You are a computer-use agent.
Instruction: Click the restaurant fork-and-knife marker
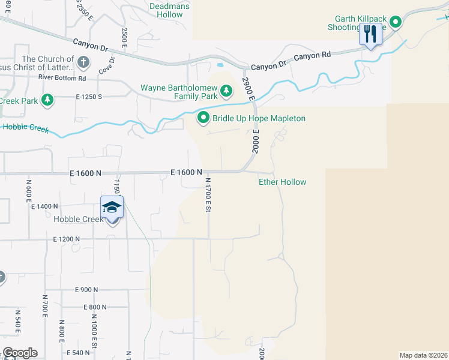pos(370,34)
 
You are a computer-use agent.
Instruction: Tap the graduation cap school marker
pos(112,208)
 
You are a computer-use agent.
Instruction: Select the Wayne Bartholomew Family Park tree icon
pos(226,91)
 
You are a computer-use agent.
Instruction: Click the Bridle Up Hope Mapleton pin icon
pos(203,118)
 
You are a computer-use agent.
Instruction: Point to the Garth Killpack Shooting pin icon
pos(396,23)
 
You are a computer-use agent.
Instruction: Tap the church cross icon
pos(83,61)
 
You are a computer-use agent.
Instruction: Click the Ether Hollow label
pos(282,182)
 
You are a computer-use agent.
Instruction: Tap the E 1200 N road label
pos(67,239)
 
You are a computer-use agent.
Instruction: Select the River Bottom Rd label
pos(62,78)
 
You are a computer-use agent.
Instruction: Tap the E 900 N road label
pos(87,290)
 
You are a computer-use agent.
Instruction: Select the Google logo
pos(20,353)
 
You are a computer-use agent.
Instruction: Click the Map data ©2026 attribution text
pos(423,355)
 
